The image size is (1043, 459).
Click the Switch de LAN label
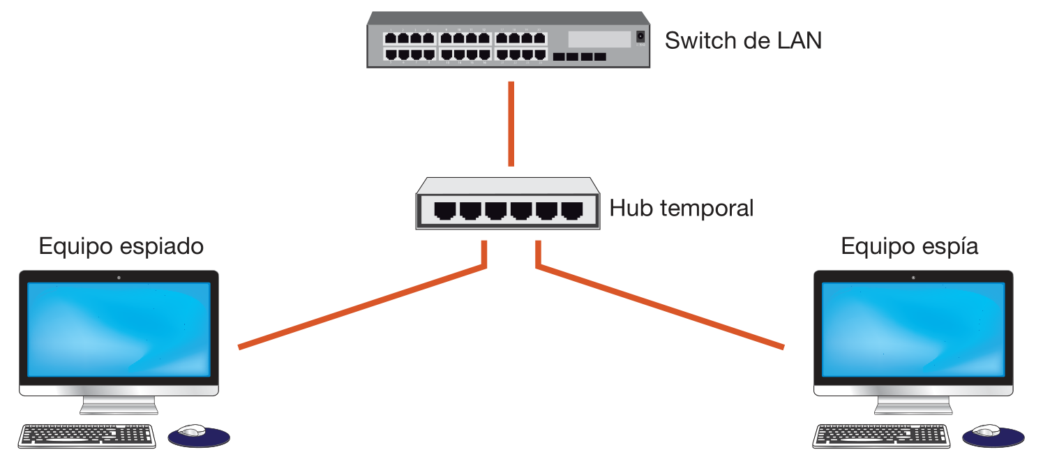click(x=743, y=40)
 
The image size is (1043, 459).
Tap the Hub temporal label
click(x=682, y=208)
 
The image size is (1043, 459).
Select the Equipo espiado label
click(x=121, y=246)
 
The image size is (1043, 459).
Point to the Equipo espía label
click(x=909, y=246)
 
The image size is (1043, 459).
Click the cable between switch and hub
click(x=511, y=124)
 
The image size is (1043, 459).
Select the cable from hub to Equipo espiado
click(x=363, y=307)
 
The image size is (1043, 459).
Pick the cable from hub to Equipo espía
click(x=663, y=307)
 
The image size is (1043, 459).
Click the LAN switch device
click(x=508, y=40)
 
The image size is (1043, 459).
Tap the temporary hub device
click(x=508, y=204)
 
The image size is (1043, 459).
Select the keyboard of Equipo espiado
click(x=87, y=435)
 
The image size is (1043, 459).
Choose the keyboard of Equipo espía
click(x=882, y=435)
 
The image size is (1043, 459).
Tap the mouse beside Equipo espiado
click(x=193, y=430)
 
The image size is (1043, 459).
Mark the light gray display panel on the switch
click(x=599, y=39)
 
